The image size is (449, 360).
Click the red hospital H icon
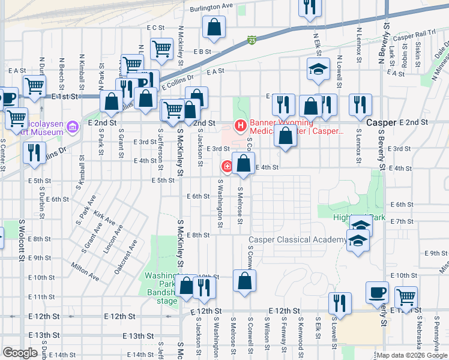240,126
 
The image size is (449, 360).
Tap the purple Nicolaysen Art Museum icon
73,127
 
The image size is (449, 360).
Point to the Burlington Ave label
211,6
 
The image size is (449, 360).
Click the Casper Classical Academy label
297,240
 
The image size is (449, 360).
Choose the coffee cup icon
377,292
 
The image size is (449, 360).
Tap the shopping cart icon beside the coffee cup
406,297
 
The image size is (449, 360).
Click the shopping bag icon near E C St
214,27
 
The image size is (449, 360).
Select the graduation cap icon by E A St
318,69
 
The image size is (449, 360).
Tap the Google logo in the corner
20,353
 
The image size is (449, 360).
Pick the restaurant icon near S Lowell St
341,304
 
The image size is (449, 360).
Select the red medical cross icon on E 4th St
228,166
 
